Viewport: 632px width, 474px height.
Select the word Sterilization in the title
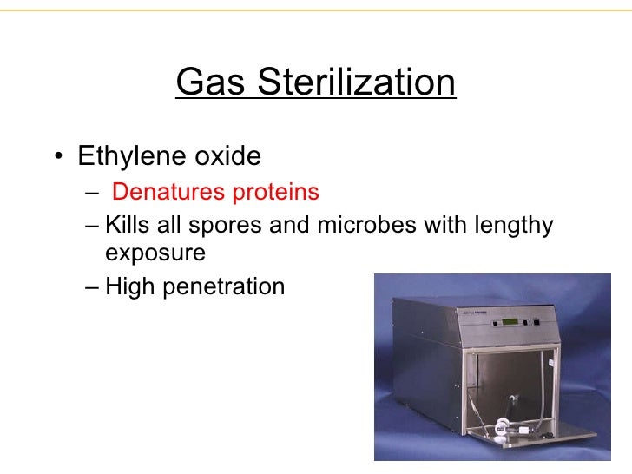(x=356, y=82)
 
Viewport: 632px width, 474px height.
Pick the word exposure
(x=155, y=253)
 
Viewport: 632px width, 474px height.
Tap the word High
(x=126, y=286)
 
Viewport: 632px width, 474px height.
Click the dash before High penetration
(x=93, y=286)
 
